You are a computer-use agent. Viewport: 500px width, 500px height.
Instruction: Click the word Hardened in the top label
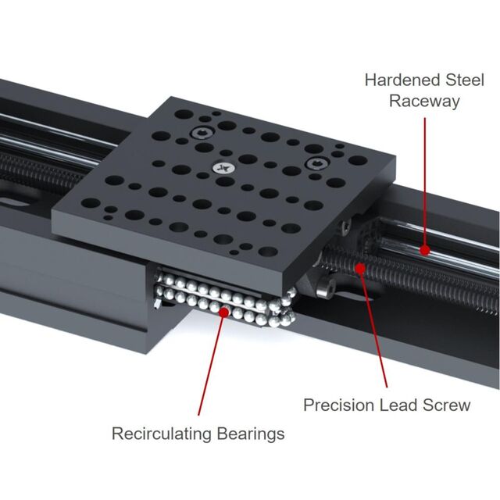click(403, 80)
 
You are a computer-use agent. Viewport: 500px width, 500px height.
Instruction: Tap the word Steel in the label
click(465, 80)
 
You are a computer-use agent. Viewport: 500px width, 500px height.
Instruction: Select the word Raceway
click(424, 102)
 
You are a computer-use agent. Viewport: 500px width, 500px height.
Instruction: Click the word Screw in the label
click(446, 405)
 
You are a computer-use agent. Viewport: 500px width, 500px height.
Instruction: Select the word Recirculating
click(162, 434)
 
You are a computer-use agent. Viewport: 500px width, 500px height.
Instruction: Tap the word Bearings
click(251, 434)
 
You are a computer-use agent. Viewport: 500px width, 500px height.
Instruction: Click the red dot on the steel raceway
click(425, 251)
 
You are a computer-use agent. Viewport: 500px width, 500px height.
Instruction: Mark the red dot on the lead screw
click(360, 269)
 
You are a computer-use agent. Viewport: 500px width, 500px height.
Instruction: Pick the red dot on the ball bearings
click(224, 312)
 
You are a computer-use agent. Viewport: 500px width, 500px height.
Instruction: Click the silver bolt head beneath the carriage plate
click(325, 285)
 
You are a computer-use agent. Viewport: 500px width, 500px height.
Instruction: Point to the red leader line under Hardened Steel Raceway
click(425, 184)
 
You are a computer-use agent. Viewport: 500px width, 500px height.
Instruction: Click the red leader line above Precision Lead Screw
click(373, 328)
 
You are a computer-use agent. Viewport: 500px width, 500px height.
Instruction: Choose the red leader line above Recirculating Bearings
click(212, 363)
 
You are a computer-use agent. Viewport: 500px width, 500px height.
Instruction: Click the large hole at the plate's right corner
click(358, 160)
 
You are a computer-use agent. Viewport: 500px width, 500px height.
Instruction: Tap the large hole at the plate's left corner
click(91, 203)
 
